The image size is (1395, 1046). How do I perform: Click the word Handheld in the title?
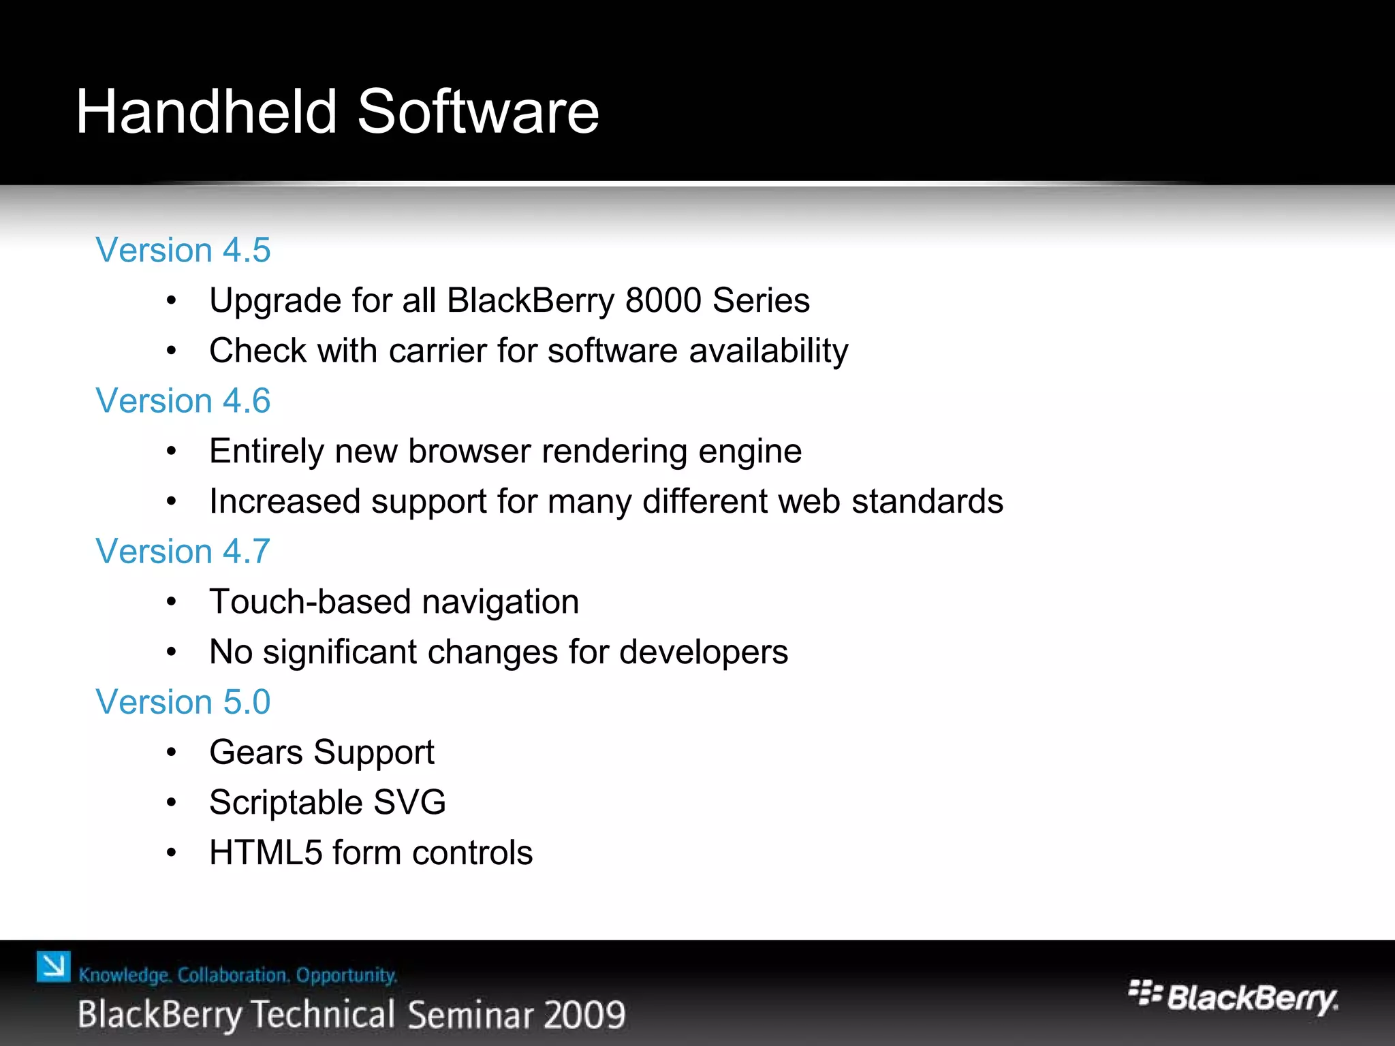click(x=206, y=112)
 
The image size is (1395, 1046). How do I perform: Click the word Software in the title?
click(x=477, y=112)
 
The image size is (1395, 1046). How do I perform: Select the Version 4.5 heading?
click(x=183, y=250)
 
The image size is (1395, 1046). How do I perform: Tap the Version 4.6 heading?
click(x=183, y=400)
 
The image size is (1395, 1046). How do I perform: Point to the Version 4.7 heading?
click(x=183, y=551)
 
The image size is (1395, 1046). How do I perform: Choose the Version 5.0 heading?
click(x=183, y=701)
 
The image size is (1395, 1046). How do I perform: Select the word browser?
click(x=469, y=451)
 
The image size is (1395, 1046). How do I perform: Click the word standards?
click(x=927, y=501)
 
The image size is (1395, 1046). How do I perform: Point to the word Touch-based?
click(x=310, y=602)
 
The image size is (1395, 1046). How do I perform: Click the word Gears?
click(x=256, y=752)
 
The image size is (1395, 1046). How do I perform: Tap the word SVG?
click(x=409, y=802)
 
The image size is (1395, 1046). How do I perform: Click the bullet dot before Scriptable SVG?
click(x=172, y=803)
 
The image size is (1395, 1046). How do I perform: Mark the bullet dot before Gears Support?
click(x=172, y=752)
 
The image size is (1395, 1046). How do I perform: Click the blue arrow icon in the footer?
click(x=54, y=966)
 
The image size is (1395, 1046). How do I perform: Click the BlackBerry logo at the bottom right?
click(x=1233, y=998)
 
